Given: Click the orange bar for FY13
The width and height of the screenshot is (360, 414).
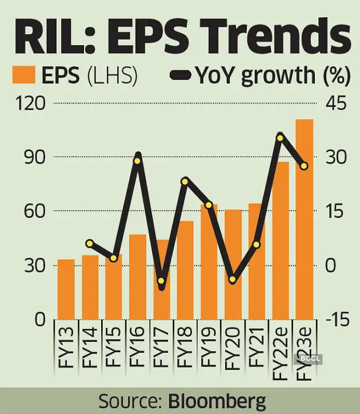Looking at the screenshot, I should [66, 289].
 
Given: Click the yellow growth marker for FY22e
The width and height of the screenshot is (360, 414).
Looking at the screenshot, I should [280, 137].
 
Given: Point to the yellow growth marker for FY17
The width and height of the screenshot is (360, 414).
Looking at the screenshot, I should [161, 281].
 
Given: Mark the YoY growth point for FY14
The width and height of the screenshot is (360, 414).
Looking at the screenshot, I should [90, 244].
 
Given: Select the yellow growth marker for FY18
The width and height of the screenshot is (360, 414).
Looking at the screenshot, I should [185, 181].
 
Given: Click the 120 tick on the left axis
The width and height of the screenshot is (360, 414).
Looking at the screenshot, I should [31, 103].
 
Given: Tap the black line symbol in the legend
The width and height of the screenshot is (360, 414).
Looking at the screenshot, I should [181, 75].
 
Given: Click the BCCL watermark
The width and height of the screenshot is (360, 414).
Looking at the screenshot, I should [308, 359].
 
